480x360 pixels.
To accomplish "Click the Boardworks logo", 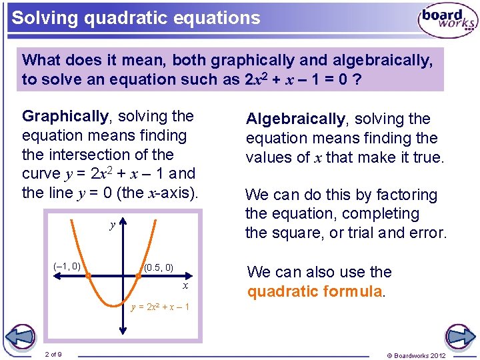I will click(447, 21).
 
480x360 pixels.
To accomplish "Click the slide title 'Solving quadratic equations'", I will click(136, 17).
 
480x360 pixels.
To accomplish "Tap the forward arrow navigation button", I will click(459, 337).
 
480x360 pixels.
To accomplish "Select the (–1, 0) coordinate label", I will click(67, 267).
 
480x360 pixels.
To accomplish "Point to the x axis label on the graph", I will click(185, 286).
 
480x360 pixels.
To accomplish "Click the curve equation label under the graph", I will click(160, 307).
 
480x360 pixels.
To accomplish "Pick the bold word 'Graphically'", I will click(65, 116).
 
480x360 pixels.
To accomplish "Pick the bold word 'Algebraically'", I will click(295, 119).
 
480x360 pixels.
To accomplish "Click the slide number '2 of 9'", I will click(53, 354).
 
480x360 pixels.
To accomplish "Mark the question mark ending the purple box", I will click(358, 79).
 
